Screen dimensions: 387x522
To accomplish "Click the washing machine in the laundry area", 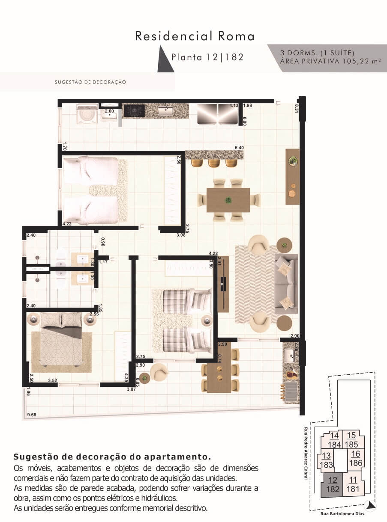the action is [x=87, y=113].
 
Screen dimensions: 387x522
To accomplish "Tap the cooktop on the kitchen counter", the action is [x=134, y=110].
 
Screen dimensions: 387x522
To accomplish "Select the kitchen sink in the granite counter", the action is [x=166, y=110].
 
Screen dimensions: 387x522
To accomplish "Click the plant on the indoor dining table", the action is [x=228, y=200].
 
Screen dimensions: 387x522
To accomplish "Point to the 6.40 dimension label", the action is [x=239, y=148].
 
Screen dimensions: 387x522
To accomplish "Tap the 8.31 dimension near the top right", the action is [x=297, y=109].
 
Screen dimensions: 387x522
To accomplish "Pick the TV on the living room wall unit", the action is [x=224, y=284].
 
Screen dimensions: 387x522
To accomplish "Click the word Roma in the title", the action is [x=236, y=36].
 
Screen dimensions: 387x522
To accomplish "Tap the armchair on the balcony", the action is [x=159, y=372].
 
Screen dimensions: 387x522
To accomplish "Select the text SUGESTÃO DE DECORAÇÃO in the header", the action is [x=90, y=82].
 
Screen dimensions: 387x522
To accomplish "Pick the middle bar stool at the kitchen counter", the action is [x=214, y=163].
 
